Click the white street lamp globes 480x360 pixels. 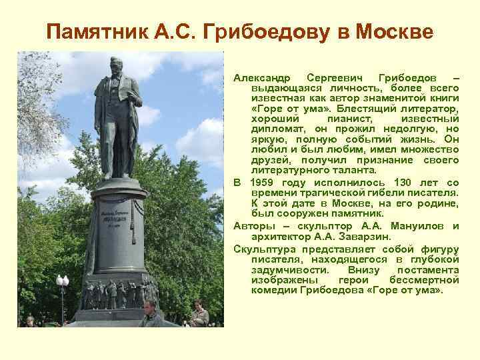pos(62,281)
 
